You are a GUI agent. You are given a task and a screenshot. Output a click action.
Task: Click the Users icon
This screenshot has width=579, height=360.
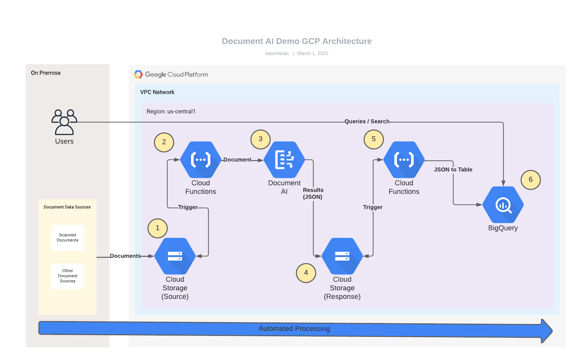coord(64,122)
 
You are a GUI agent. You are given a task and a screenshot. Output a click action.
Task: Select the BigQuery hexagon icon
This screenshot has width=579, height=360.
coord(503,205)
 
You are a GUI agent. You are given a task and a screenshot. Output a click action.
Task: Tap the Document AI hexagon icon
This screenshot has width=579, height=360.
coord(284,160)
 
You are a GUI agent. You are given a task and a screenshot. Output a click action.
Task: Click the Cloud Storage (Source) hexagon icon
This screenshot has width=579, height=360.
coord(175,256)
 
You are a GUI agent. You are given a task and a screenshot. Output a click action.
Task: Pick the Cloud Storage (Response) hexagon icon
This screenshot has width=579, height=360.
coord(342,256)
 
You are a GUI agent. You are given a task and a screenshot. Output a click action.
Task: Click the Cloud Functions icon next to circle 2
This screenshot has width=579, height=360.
coord(201,160)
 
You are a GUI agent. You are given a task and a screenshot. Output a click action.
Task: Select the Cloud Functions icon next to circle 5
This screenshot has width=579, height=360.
coord(404,160)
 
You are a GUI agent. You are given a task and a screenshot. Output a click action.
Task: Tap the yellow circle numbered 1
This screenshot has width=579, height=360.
coord(158,228)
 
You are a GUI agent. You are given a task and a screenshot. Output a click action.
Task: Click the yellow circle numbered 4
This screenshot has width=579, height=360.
coord(306,273)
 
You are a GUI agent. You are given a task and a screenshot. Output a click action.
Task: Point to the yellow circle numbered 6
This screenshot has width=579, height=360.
coord(531,180)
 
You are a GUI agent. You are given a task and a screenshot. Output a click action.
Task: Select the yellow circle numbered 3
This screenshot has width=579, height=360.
coord(261,139)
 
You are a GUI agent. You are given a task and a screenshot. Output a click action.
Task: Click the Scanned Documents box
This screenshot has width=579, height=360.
coord(68,238)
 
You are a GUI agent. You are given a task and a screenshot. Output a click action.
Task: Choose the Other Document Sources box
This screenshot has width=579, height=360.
coord(68,276)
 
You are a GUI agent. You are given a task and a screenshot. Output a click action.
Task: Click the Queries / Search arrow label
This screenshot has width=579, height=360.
coord(367,122)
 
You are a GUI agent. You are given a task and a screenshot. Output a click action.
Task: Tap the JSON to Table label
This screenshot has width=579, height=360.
coord(453,170)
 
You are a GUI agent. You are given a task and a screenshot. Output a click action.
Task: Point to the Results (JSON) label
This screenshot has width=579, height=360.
coord(313,194)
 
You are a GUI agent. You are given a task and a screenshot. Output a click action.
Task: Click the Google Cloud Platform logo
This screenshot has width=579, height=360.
coord(139,75)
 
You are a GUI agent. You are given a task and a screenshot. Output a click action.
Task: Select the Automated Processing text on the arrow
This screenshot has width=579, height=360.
coord(294,329)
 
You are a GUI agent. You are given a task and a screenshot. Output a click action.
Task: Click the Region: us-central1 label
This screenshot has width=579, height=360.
coord(171,112)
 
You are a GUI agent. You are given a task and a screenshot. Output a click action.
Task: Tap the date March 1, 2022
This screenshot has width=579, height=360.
coord(313,53)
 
